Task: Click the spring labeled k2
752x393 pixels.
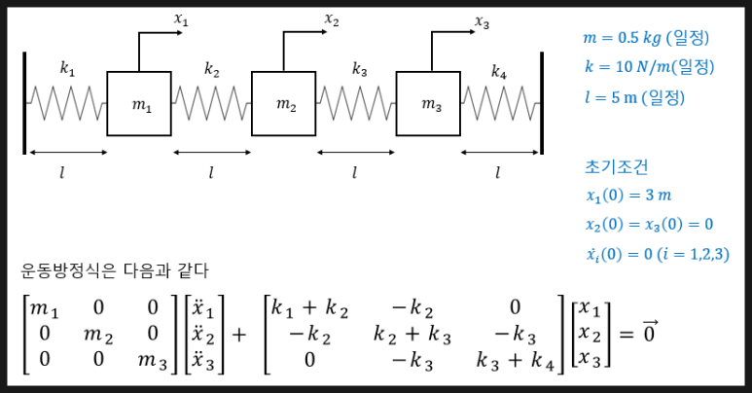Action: [211, 100]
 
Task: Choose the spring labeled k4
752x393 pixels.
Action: [498, 100]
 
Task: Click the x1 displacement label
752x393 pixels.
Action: [181, 18]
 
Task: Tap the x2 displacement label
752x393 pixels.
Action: [331, 18]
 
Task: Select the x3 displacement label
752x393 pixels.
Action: [482, 20]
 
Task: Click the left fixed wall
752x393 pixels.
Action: [24, 102]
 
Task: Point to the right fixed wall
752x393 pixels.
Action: [540, 102]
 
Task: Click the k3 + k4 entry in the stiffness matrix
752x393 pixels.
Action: [515, 360]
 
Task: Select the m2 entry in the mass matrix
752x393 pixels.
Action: [100, 335]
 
